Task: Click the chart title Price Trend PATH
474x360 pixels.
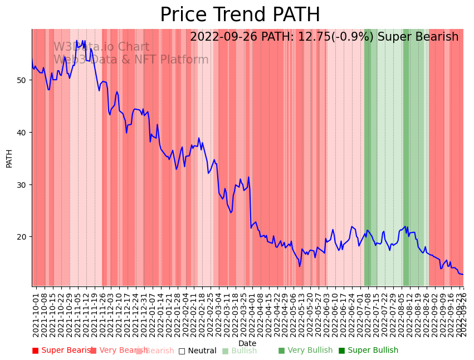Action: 240,15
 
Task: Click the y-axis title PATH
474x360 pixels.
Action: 9,158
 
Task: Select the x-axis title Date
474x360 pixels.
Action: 247,343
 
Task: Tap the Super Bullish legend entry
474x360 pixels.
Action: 368,351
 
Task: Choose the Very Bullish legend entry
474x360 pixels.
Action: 305,351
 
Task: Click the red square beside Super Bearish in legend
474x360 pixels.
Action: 36,351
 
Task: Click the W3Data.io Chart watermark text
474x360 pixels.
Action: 101,47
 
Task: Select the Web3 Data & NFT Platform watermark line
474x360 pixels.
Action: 131,60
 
